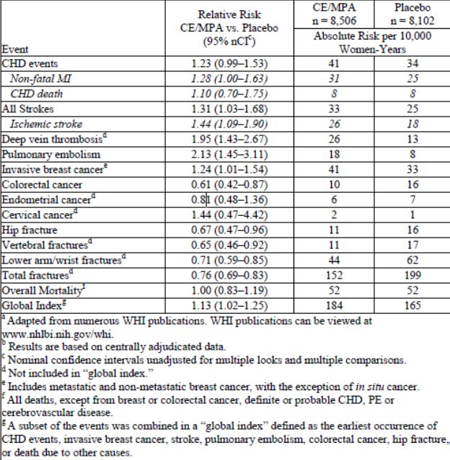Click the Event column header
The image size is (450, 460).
coord(16,50)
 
